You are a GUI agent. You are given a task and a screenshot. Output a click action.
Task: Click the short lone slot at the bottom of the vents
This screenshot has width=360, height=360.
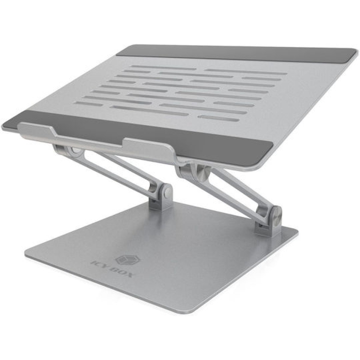point(218,118)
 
